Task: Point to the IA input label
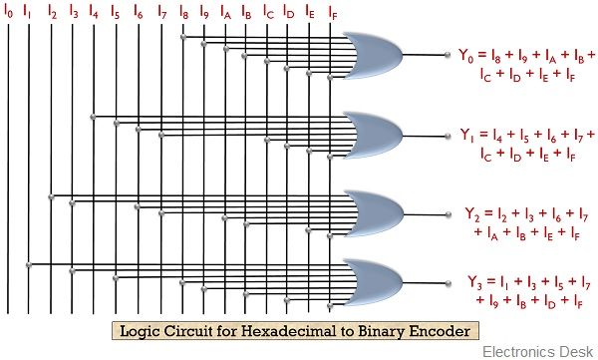point(225,13)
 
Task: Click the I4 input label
point(94,13)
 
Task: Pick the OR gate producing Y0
point(371,56)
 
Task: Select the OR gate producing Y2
point(371,212)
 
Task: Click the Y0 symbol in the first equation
point(463,56)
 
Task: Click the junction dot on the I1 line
point(30,264)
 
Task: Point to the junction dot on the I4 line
point(93,117)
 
